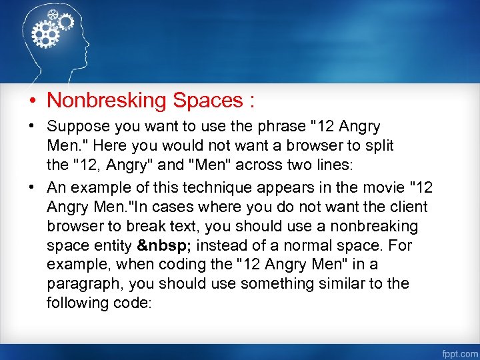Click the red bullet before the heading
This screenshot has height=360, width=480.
pyautogui.click(x=32, y=101)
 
